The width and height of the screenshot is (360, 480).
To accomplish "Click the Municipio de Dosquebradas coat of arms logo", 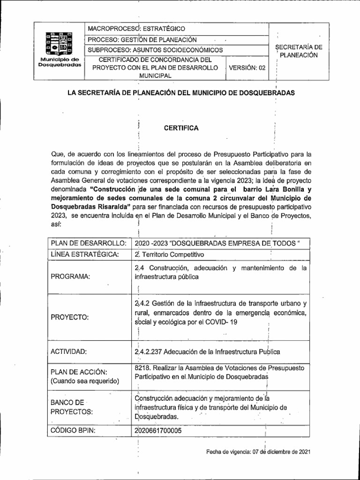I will pos(60,45).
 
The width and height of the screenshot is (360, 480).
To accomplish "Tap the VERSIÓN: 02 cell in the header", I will pos(247,67).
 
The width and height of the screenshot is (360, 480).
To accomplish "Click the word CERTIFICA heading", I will pos(180,128).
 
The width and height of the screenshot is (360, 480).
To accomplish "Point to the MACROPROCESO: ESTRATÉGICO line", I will pos(137,29).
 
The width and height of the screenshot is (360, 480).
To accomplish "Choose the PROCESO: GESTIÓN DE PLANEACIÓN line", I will pos(143,40).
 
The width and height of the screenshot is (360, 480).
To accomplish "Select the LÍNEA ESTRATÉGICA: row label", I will pos(84,255).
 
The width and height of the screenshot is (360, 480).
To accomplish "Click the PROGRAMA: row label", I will pos(70,277).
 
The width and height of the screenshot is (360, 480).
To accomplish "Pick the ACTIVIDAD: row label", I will pos(69,352).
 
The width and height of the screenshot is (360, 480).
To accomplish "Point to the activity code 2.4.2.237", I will pos(150,352).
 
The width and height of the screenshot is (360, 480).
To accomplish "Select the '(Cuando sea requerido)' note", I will pos(85,381).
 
